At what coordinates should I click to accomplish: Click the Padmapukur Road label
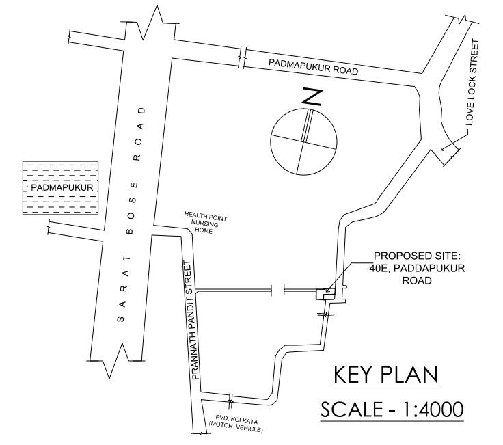coord(313,67)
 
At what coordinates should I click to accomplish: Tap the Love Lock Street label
coord(472,83)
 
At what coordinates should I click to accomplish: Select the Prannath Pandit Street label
coord(191,320)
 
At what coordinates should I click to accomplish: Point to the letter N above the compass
coord(312,98)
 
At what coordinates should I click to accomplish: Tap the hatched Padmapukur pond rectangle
coord(60,188)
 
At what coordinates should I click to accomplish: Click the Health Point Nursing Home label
coord(204,222)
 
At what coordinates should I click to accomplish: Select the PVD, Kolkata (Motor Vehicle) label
coord(236,424)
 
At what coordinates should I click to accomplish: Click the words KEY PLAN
coord(386,375)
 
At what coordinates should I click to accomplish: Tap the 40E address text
coord(377,268)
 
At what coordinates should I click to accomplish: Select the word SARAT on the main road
coord(124,288)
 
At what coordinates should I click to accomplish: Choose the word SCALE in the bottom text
coord(351,409)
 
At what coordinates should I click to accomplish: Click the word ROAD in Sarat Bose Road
coord(141,134)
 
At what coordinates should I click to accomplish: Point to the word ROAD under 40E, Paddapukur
coord(417,280)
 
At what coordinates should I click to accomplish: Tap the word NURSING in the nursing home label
coord(204,224)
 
